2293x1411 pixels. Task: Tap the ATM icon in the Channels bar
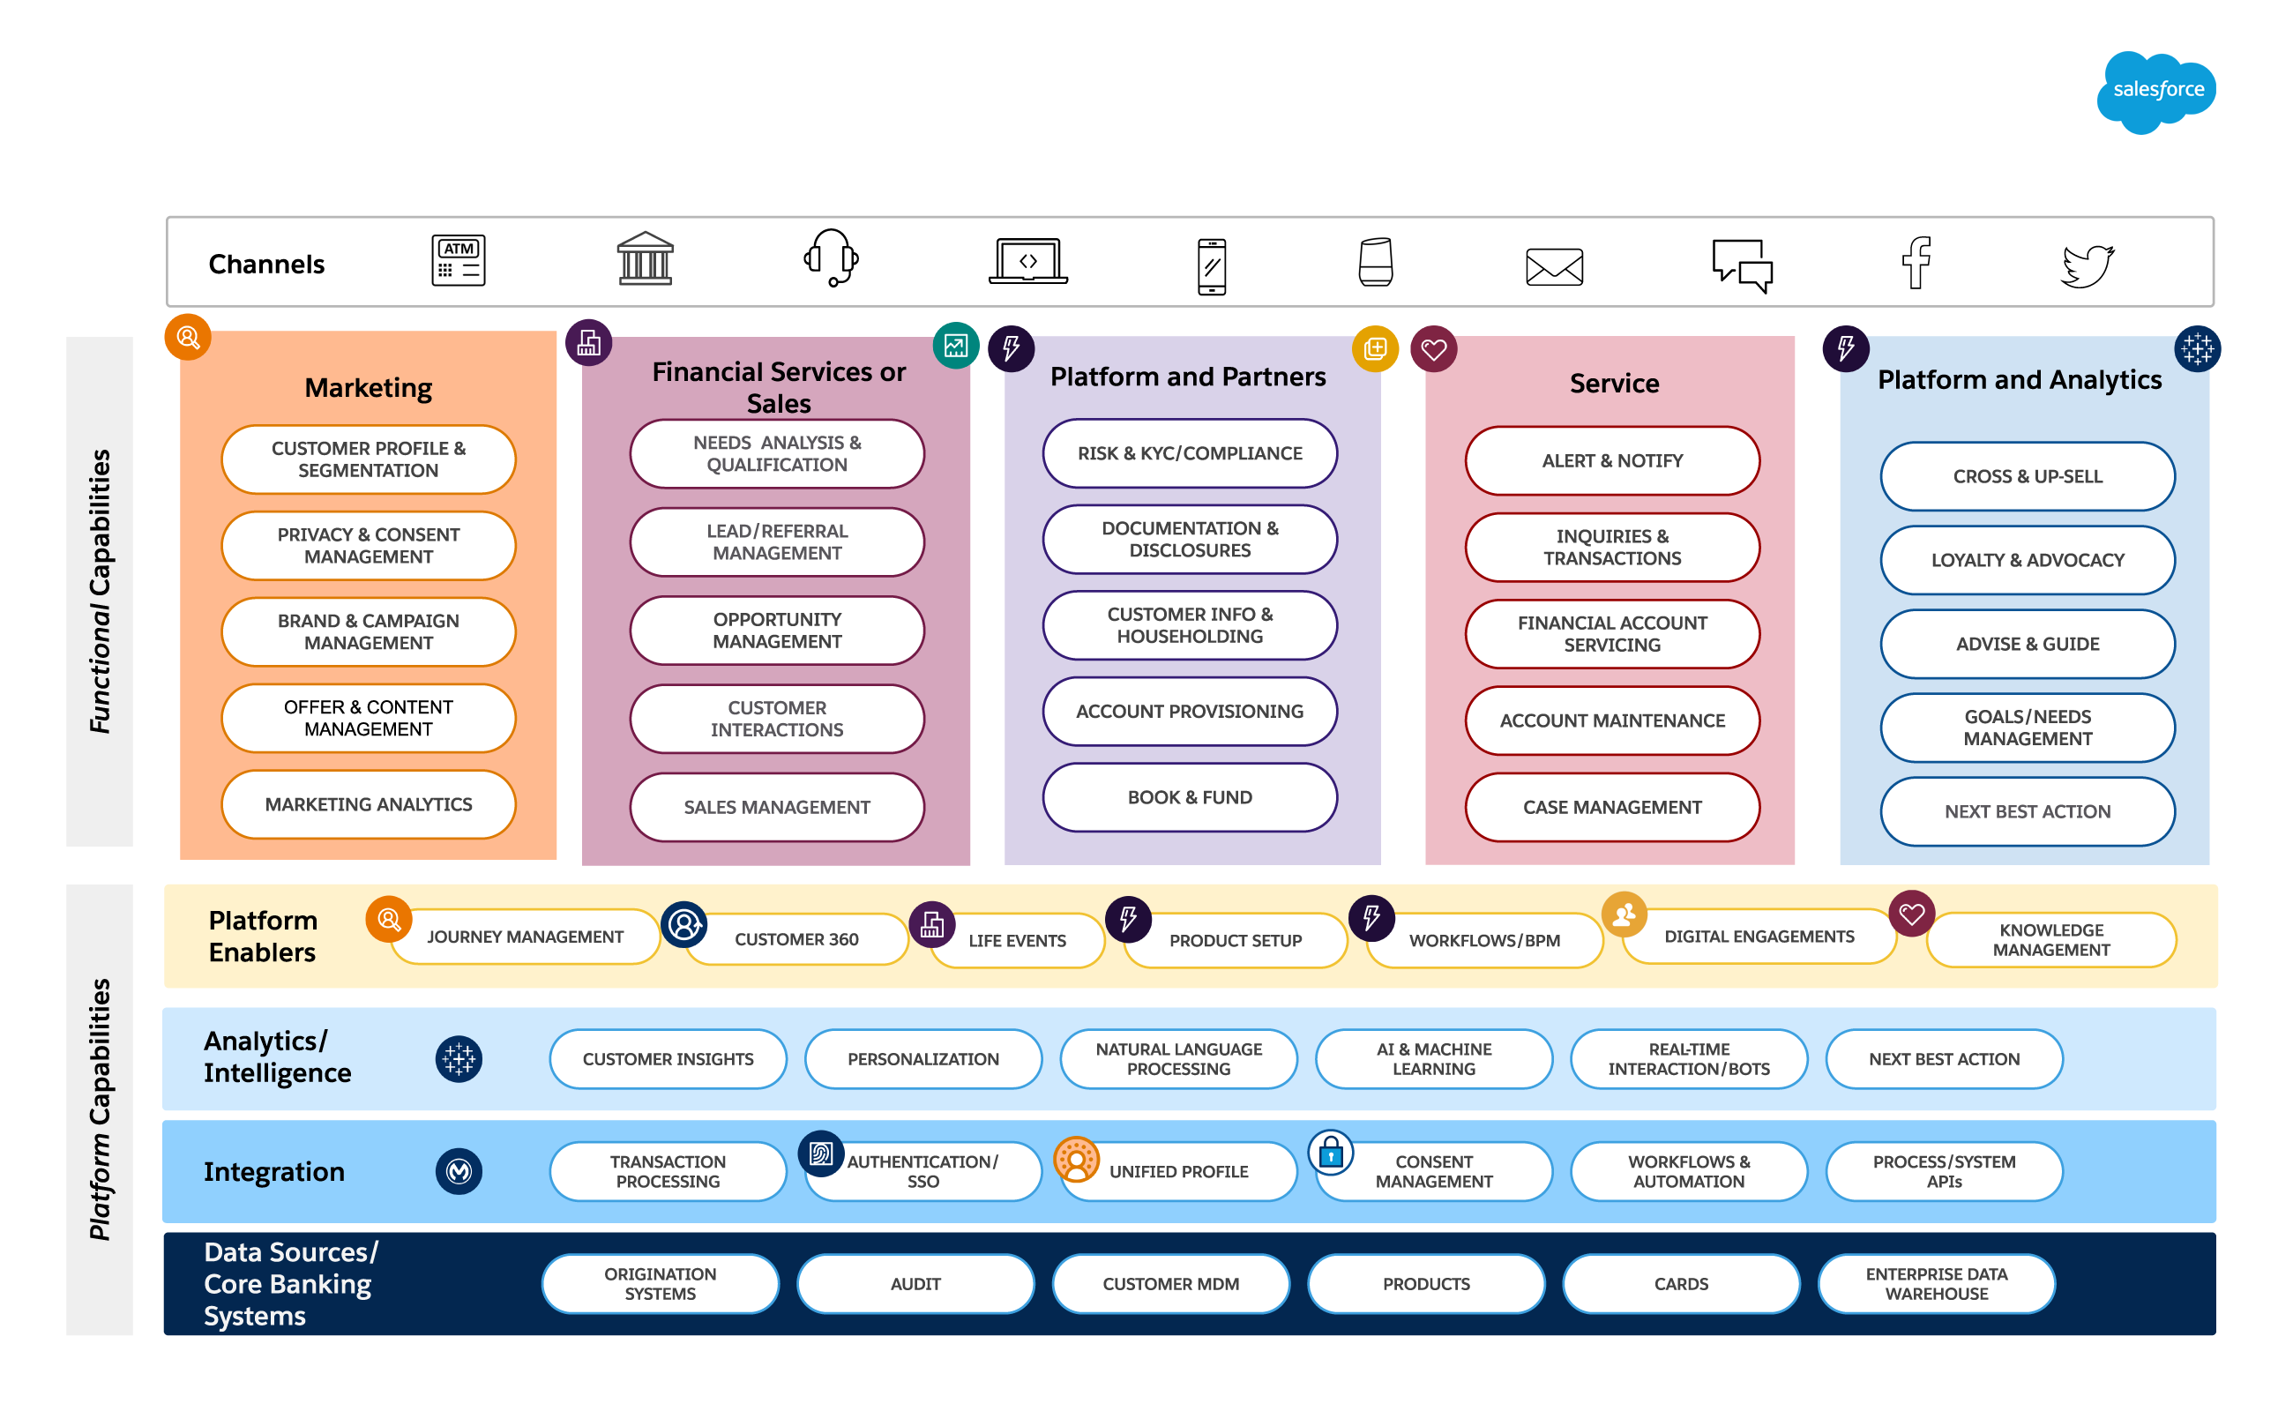pos(459,260)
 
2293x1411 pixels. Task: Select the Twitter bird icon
pos(2087,266)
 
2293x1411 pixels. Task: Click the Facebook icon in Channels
pos(1916,262)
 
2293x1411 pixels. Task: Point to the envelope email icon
pos(1554,267)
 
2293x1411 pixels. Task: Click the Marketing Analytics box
pos(369,804)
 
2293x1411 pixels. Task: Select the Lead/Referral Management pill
pos(776,542)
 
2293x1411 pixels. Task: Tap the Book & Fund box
pos(1189,798)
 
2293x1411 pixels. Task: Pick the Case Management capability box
pos(1612,807)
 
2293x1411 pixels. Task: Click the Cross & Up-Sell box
pos(2027,477)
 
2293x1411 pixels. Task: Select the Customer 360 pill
pos(796,939)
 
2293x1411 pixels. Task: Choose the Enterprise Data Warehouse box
pos(1936,1284)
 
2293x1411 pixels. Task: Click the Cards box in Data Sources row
pos(1681,1284)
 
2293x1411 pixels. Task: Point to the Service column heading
pos(1614,384)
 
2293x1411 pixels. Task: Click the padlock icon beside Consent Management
pos(1331,1153)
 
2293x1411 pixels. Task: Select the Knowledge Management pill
pos(2050,940)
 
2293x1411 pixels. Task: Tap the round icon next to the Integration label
pos(459,1171)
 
